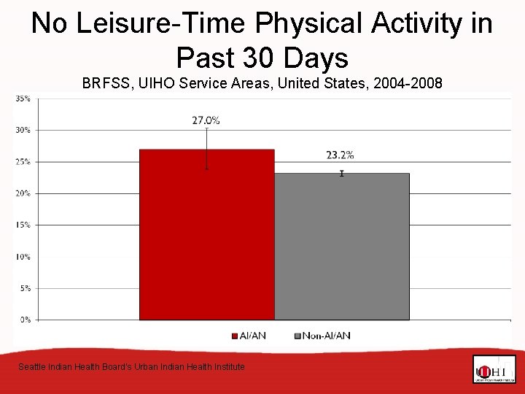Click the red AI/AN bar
pyautogui.click(x=206, y=234)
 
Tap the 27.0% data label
pyautogui.click(x=206, y=120)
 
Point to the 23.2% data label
pyautogui.click(x=340, y=155)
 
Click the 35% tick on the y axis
pyautogui.click(x=23, y=98)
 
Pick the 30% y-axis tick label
pyautogui.click(x=23, y=130)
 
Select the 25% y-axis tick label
pyautogui.click(x=23, y=162)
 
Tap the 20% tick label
pyautogui.click(x=23, y=193)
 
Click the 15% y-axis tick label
pyautogui.click(x=23, y=225)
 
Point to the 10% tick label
pyautogui.click(x=23, y=257)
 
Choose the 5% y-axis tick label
pyautogui.click(x=24, y=288)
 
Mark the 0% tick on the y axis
pyautogui.click(x=24, y=320)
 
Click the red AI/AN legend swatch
pyautogui.click(x=235, y=336)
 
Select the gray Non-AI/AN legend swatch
pyautogui.click(x=297, y=336)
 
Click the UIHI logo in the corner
pyautogui.click(x=494, y=370)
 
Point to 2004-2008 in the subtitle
pyautogui.click(x=408, y=83)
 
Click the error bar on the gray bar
pyautogui.click(x=341, y=173)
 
